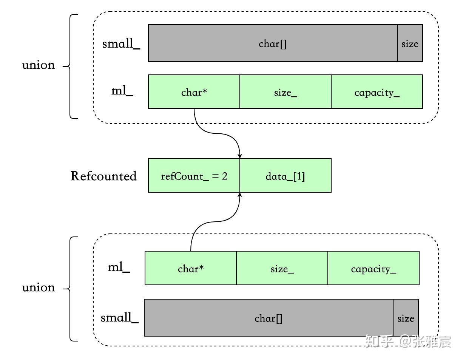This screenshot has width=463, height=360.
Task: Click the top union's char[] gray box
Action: click(272, 43)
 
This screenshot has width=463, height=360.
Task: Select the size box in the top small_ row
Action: click(410, 43)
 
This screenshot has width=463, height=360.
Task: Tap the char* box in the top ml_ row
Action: click(194, 92)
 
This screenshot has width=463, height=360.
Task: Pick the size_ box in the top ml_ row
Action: click(285, 92)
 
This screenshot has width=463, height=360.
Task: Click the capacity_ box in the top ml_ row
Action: click(377, 92)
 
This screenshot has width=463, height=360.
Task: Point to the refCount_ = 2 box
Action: click(194, 176)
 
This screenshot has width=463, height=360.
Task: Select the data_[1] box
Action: click(285, 176)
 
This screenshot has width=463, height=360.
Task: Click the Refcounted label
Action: click(103, 176)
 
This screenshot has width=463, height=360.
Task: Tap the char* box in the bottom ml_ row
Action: click(190, 268)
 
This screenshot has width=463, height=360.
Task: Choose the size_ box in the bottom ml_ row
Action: click(282, 268)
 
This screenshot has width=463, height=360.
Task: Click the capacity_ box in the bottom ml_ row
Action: click(373, 268)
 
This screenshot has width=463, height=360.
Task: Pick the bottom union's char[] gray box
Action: click(268, 318)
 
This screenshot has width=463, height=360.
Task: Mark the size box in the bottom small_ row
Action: click(406, 318)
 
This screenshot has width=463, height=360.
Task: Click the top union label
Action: click(38, 65)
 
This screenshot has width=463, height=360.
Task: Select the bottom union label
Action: click(38, 287)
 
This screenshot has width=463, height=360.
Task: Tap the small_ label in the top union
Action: click(121, 43)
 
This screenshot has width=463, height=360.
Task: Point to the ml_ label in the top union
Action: click(122, 91)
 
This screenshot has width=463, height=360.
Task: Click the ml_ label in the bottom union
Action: click(119, 267)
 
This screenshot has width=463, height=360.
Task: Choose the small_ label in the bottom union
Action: click(119, 318)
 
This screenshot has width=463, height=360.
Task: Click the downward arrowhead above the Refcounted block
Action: click(239, 156)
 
